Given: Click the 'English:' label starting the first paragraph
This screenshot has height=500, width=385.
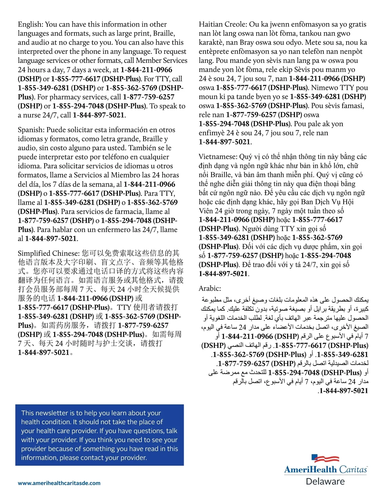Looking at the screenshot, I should pyautogui.click(x=30, y=24).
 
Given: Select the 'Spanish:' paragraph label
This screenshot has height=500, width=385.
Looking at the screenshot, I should pyautogui.click(x=31, y=130).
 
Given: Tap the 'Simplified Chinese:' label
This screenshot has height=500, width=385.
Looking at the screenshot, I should pyautogui.click(x=48, y=253).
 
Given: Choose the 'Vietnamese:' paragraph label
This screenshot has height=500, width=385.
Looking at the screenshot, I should pyautogui.click(x=218, y=157).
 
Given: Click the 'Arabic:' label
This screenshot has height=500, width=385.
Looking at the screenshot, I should pyautogui.click(x=210, y=289).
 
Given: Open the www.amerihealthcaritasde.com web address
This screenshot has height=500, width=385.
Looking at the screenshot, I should pyautogui.click(x=59, y=483).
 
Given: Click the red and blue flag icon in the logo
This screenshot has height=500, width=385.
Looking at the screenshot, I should pyautogui.click(x=325, y=458).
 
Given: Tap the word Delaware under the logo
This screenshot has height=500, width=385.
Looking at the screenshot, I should pyautogui.click(x=325, y=481).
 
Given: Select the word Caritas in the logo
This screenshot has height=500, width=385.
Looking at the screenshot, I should pyautogui.click(x=353, y=470).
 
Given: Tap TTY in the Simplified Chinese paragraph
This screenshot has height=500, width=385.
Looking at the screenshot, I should pyautogui.click(x=124, y=307).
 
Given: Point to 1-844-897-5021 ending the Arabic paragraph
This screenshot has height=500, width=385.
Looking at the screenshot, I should pyautogui.click(x=344, y=391).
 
